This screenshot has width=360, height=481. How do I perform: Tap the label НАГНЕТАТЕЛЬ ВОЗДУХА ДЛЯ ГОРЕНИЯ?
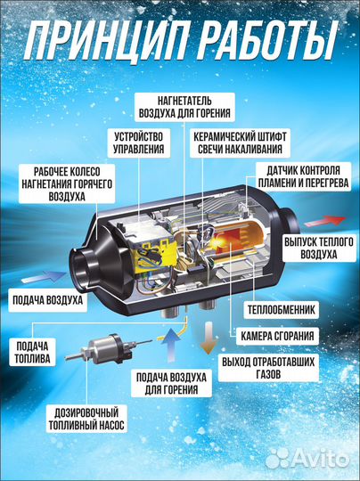(184, 107)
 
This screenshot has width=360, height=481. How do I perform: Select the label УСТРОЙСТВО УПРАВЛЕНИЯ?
(139, 143)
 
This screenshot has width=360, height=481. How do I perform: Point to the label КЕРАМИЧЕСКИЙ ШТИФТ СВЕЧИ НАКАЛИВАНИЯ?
(240, 143)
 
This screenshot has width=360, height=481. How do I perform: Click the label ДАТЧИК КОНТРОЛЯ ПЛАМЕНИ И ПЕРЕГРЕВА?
(303, 176)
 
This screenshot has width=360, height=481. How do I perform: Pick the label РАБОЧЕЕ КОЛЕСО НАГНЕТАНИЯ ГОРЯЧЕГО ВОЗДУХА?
(67, 183)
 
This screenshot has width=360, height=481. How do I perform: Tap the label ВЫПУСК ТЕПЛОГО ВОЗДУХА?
(319, 248)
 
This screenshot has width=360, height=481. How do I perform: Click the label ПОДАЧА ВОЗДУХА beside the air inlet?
(47, 299)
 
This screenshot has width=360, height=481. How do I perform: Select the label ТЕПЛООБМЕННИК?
(281, 309)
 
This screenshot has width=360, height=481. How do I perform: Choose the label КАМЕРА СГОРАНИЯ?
(277, 336)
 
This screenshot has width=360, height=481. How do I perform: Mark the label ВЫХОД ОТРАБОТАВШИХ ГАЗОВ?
(268, 368)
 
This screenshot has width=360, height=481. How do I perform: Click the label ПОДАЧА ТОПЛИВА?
(32, 352)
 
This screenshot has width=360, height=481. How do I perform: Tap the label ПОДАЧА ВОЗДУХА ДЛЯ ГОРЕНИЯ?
(171, 383)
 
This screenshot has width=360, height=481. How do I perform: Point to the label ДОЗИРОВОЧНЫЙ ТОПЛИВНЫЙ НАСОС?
(86, 419)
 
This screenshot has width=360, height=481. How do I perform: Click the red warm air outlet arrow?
(324, 221)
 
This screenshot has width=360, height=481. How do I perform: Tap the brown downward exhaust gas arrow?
(209, 338)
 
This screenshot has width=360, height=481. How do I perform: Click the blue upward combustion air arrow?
(171, 344)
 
